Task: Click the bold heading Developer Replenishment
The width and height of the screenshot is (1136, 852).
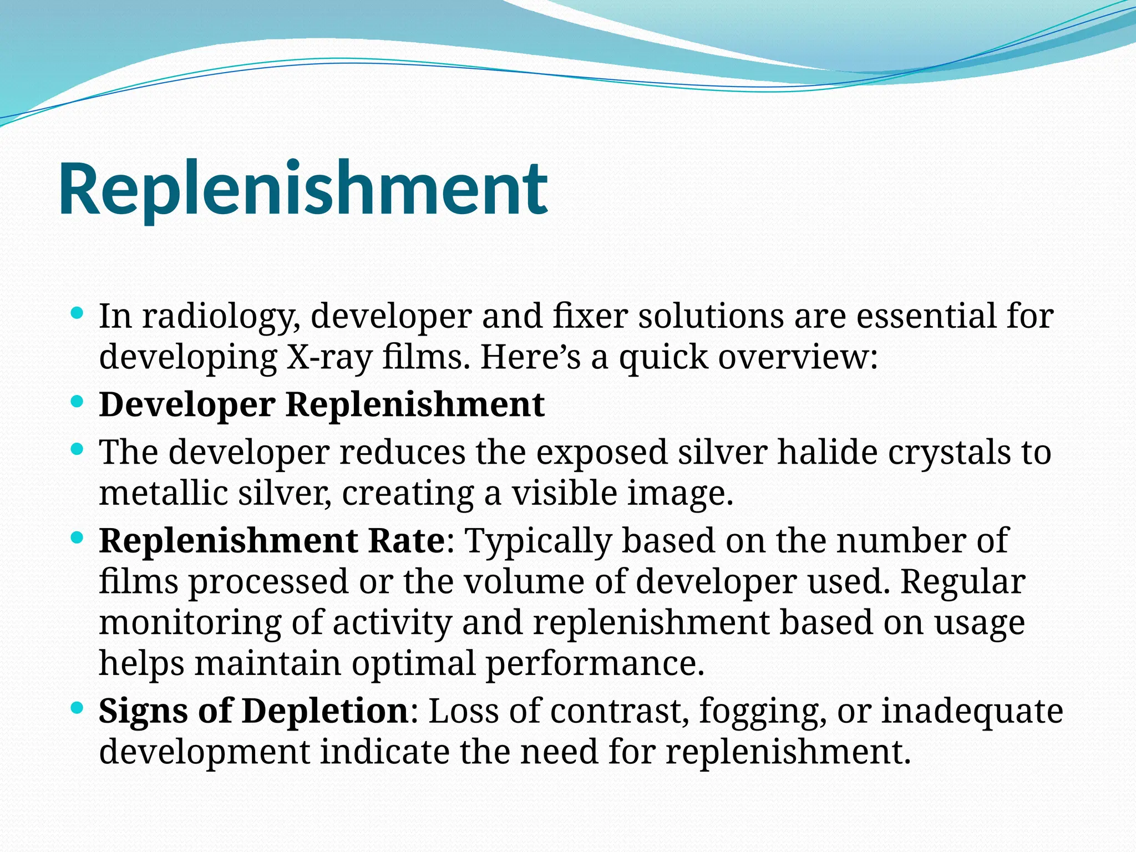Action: [322, 404]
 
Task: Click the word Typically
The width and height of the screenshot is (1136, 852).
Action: [537, 541]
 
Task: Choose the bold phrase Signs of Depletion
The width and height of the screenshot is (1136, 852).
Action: [253, 711]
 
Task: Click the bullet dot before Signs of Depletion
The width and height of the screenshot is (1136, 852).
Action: [77, 708]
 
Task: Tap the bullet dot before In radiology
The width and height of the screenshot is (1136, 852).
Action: [77, 314]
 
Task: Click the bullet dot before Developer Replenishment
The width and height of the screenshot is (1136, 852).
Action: [77, 401]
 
